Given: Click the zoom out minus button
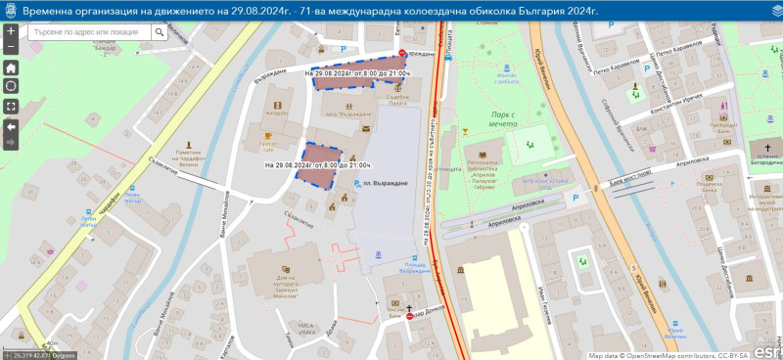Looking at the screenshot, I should (11, 46).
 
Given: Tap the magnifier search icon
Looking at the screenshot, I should (160, 32).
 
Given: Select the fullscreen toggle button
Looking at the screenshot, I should (11, 106).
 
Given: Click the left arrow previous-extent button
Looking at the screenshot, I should (11, 126).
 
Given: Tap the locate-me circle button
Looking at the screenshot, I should (11, 86).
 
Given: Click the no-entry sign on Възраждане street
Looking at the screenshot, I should (403, 54).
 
